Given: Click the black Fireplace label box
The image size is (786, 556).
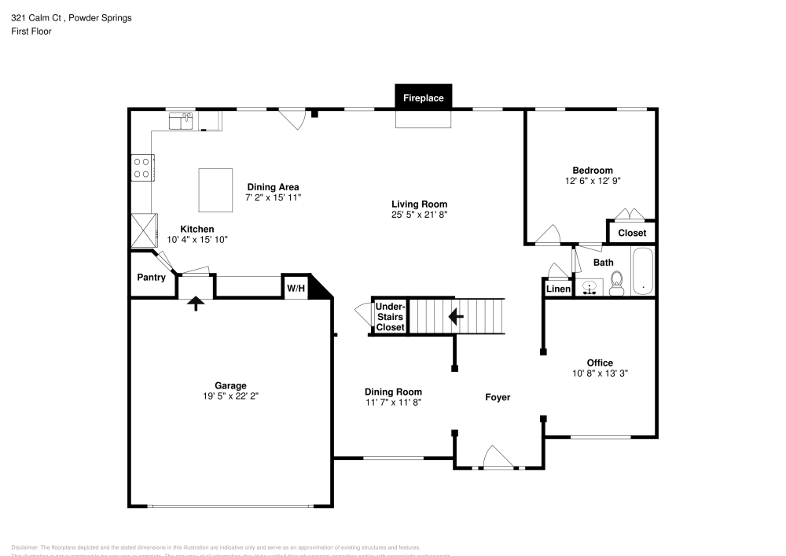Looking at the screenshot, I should coord(424,98).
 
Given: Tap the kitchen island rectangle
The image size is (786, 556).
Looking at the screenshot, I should coord(216,190).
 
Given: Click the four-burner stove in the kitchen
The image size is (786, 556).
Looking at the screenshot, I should coord(141,168).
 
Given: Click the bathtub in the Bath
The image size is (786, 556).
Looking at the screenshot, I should coord(642,272).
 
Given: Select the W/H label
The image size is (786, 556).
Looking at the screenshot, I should coord(296,289).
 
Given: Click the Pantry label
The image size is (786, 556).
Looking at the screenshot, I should coord(151,278).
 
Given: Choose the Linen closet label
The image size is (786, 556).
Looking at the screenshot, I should coord(558,289).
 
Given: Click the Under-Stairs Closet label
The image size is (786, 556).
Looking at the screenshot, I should coord(390,316).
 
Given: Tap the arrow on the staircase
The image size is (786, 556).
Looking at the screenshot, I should coord(455,316).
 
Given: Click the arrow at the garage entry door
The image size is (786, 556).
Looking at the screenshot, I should coord(194,304).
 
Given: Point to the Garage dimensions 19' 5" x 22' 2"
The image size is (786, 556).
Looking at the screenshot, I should coord(231,396).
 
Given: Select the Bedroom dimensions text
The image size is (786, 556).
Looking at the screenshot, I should coord(592,181).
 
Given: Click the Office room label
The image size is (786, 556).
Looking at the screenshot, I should coord(600,363).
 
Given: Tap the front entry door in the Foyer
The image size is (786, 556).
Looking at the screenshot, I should coord(497,458).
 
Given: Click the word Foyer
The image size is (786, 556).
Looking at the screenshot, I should coord(497,397).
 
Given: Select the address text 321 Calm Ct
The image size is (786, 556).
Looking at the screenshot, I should coord(38,18).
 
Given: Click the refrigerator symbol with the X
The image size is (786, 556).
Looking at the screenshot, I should coord(144,230).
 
